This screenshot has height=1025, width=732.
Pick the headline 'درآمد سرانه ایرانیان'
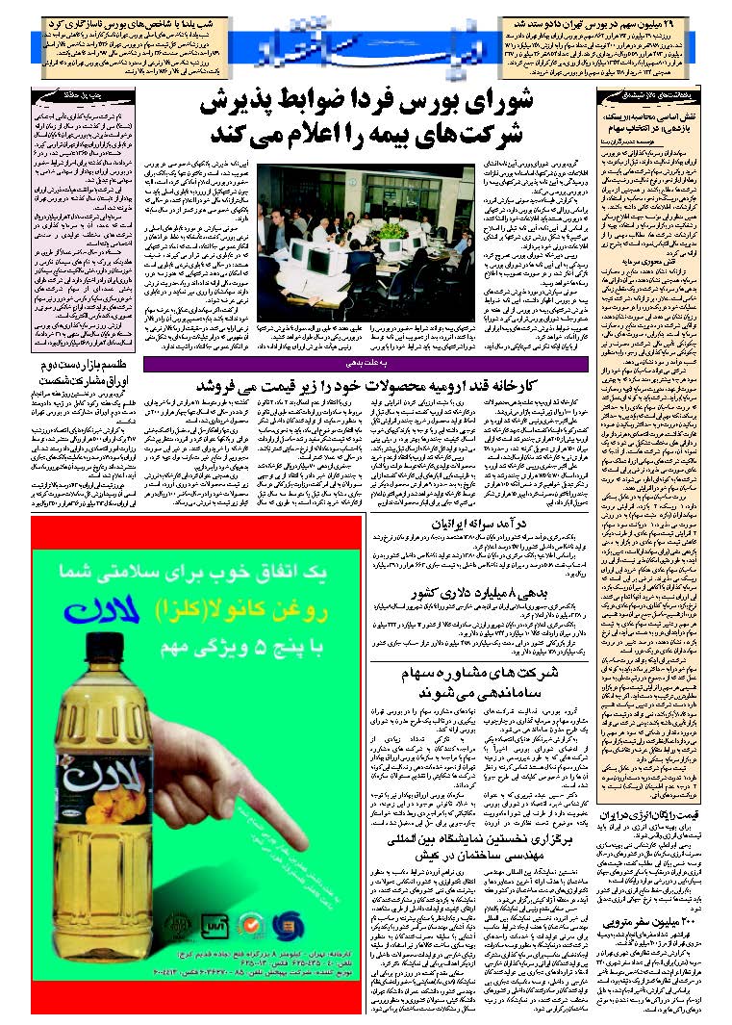pyautogui.click(x=481, y=525)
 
